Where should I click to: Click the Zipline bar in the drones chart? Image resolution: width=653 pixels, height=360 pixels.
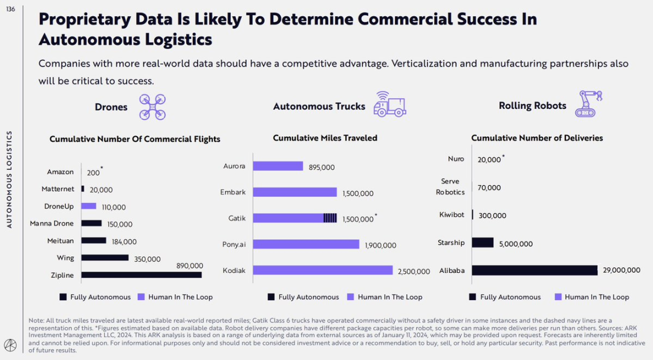141,275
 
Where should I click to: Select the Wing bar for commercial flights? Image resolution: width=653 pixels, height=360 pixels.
105,258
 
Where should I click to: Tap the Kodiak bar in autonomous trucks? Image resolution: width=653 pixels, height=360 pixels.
323,270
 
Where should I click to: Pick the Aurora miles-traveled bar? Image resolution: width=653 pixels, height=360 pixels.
278,166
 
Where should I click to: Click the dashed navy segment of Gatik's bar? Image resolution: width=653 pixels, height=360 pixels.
330,218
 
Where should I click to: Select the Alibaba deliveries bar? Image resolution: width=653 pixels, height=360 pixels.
534,270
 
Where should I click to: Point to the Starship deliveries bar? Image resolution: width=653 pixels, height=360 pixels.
482,243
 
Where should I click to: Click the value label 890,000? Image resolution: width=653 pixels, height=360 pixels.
189,266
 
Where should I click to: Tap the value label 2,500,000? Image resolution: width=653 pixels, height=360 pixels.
414,272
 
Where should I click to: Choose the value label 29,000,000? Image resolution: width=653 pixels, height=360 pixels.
621,270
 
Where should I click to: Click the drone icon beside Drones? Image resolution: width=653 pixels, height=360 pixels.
152,106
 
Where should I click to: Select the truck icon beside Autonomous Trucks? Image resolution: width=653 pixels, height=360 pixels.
390,104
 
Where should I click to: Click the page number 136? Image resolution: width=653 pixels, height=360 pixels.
11,8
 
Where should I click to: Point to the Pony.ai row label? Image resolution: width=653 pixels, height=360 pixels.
234,244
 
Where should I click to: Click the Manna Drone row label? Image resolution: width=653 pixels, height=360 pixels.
52,224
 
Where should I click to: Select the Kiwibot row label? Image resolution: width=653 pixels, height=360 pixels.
452,215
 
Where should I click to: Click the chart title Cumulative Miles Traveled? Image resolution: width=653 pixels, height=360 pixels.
325,138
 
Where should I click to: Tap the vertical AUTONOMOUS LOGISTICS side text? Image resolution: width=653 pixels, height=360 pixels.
9,180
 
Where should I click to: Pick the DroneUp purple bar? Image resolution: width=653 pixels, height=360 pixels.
89,206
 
